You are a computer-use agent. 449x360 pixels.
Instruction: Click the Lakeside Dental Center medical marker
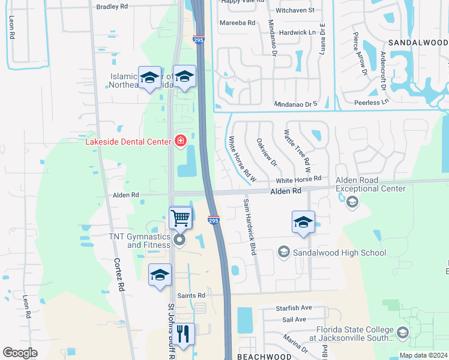[x=179, y=140]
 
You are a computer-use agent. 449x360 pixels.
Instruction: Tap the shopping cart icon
[x=180, y=218]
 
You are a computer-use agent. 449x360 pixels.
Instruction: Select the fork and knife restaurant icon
[x=184, y=334]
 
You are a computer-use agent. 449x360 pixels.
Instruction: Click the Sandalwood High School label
[x=339, y=253]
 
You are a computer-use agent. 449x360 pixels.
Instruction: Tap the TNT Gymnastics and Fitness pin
[x=179, y=241]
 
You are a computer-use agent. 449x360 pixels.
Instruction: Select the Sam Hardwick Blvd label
[x=249, y=227]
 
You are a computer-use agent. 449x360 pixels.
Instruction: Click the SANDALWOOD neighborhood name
[x=418, y=43]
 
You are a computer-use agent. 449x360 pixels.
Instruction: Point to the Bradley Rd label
[x=112, y=6]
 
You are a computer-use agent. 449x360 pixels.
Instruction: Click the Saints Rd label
[x=191, y=296]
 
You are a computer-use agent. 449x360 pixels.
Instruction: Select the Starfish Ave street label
[x=294, y=308]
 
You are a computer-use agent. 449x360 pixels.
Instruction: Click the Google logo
[x=20, y=353]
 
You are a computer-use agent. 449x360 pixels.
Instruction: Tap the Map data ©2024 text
[x=422, y=355]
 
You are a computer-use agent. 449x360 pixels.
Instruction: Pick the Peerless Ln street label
[x=368, y=103]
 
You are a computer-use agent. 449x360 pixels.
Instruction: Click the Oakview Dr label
[x=267, y=152]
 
